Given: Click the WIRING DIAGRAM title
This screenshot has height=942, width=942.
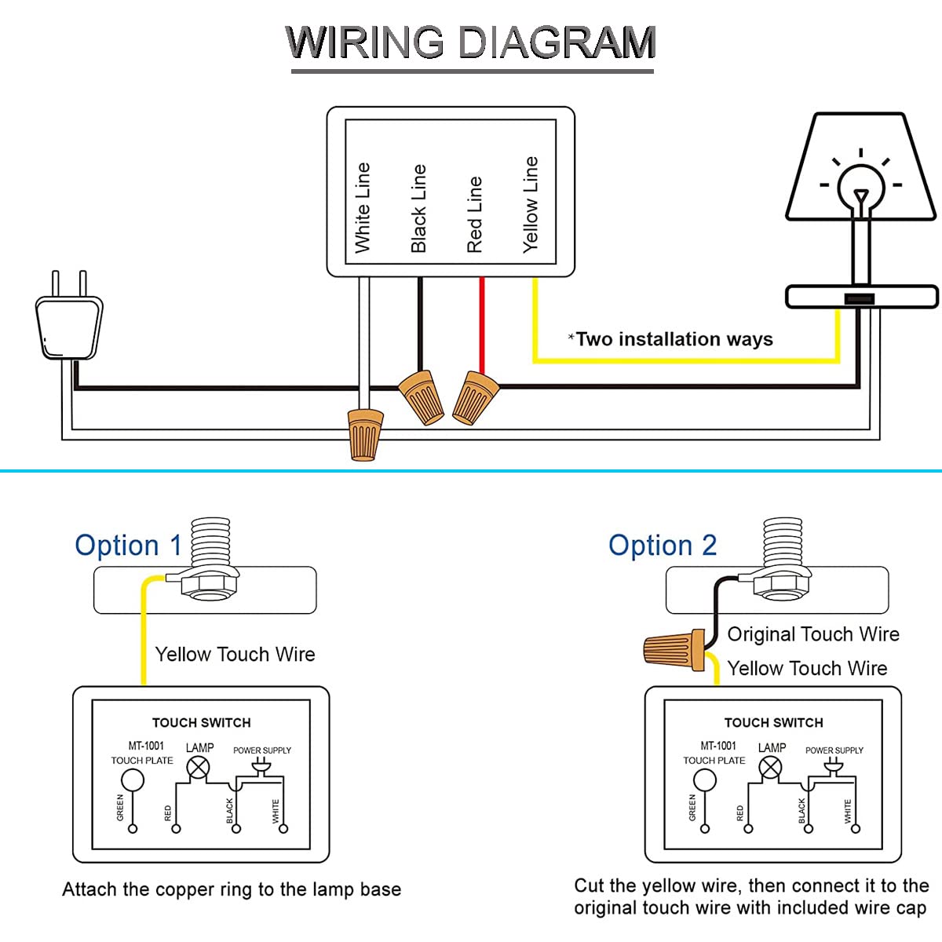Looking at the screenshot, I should coord(471,42).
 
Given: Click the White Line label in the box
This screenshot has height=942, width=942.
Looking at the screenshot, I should coord(362,208).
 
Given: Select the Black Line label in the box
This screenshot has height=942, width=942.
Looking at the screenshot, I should coord(418,208).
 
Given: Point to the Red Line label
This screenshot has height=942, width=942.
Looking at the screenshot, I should coord(474,214).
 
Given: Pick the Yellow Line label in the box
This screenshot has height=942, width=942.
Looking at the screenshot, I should coord(531,204).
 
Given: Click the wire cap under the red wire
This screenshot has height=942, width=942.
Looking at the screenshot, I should coord(474,397).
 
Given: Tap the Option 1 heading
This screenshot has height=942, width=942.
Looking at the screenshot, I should coord(128,545).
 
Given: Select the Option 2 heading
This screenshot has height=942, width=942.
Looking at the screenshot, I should coord(663,545).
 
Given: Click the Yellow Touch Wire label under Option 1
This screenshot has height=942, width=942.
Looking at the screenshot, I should coord(235,655).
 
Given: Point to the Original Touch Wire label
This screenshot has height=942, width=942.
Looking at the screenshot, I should coord(813,634).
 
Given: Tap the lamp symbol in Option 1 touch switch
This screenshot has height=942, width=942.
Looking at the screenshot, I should coord(199,768).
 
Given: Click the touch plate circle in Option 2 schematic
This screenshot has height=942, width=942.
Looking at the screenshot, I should coord(705,780).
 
